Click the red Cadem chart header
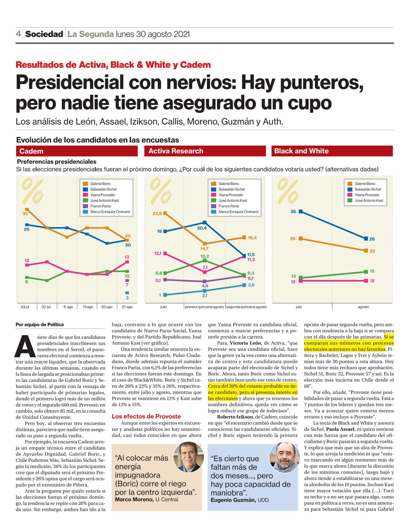point(77,151)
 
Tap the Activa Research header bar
point(205,151)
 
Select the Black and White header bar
point(332,151)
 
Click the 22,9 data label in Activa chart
point(157,213)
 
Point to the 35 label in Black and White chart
point(293,212)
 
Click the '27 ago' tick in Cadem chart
point(127,307)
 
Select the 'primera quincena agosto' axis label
point(204,307)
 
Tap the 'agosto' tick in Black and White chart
point(363,307)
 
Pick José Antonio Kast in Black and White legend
point(369,201)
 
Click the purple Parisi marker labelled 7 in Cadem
point(127,281)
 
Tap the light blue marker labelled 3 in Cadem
point(127,293)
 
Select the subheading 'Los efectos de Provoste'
point(146,416)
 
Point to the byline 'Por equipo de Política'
point(40,325)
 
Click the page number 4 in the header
point(18,34)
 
